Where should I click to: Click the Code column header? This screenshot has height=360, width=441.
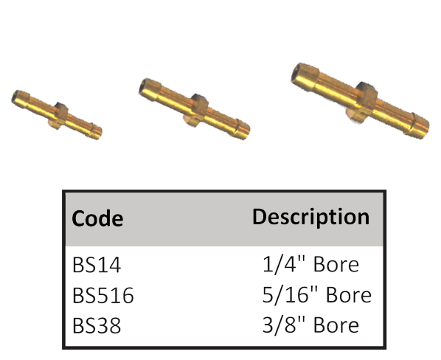click(x=97, y=218)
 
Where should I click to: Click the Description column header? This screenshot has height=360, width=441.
click(x=310, y=218)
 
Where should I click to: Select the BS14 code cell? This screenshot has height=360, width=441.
click(x=97, y=265)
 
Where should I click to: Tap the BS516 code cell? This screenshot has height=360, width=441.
click(x=103, y=295)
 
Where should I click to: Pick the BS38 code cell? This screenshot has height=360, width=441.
click(x=97, y=325)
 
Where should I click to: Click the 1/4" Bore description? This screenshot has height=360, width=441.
click(x=310, y=264)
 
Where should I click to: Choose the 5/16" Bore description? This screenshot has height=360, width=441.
click(x=316, y=295)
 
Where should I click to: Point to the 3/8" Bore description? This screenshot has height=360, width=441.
click(x=310, y=325)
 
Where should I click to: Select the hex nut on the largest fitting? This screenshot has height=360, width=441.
click(x=362, y=102)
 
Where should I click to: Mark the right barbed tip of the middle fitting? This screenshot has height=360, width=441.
click(x=243, y=130)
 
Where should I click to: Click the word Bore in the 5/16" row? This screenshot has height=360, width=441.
click(x=349, y=295)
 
